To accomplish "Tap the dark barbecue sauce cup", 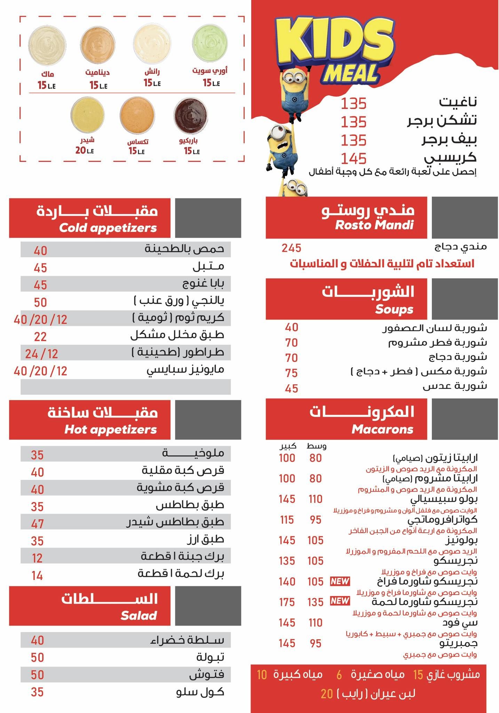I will (191, 115).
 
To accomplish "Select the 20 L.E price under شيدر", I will (85, 151).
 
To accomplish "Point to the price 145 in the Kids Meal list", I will (354, 159).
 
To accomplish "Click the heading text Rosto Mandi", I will (374, 225).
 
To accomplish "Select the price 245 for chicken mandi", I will (291, 248).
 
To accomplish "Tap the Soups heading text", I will (394, 309).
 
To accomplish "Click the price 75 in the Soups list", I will (291, 373).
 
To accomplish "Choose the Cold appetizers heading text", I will (108, 228).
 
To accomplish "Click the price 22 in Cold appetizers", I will (40, 337).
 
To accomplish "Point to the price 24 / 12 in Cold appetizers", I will (41, 354).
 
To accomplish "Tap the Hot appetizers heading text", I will (111, 430).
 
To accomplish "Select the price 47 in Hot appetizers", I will (37, 524).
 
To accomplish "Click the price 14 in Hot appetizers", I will (37, 575).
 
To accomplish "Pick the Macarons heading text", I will (382, 430).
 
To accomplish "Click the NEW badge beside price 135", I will (340, 601).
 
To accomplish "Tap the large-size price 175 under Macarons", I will (287, 602).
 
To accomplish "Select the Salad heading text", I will (138, 616).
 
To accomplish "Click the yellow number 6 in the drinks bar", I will (339, 675).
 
